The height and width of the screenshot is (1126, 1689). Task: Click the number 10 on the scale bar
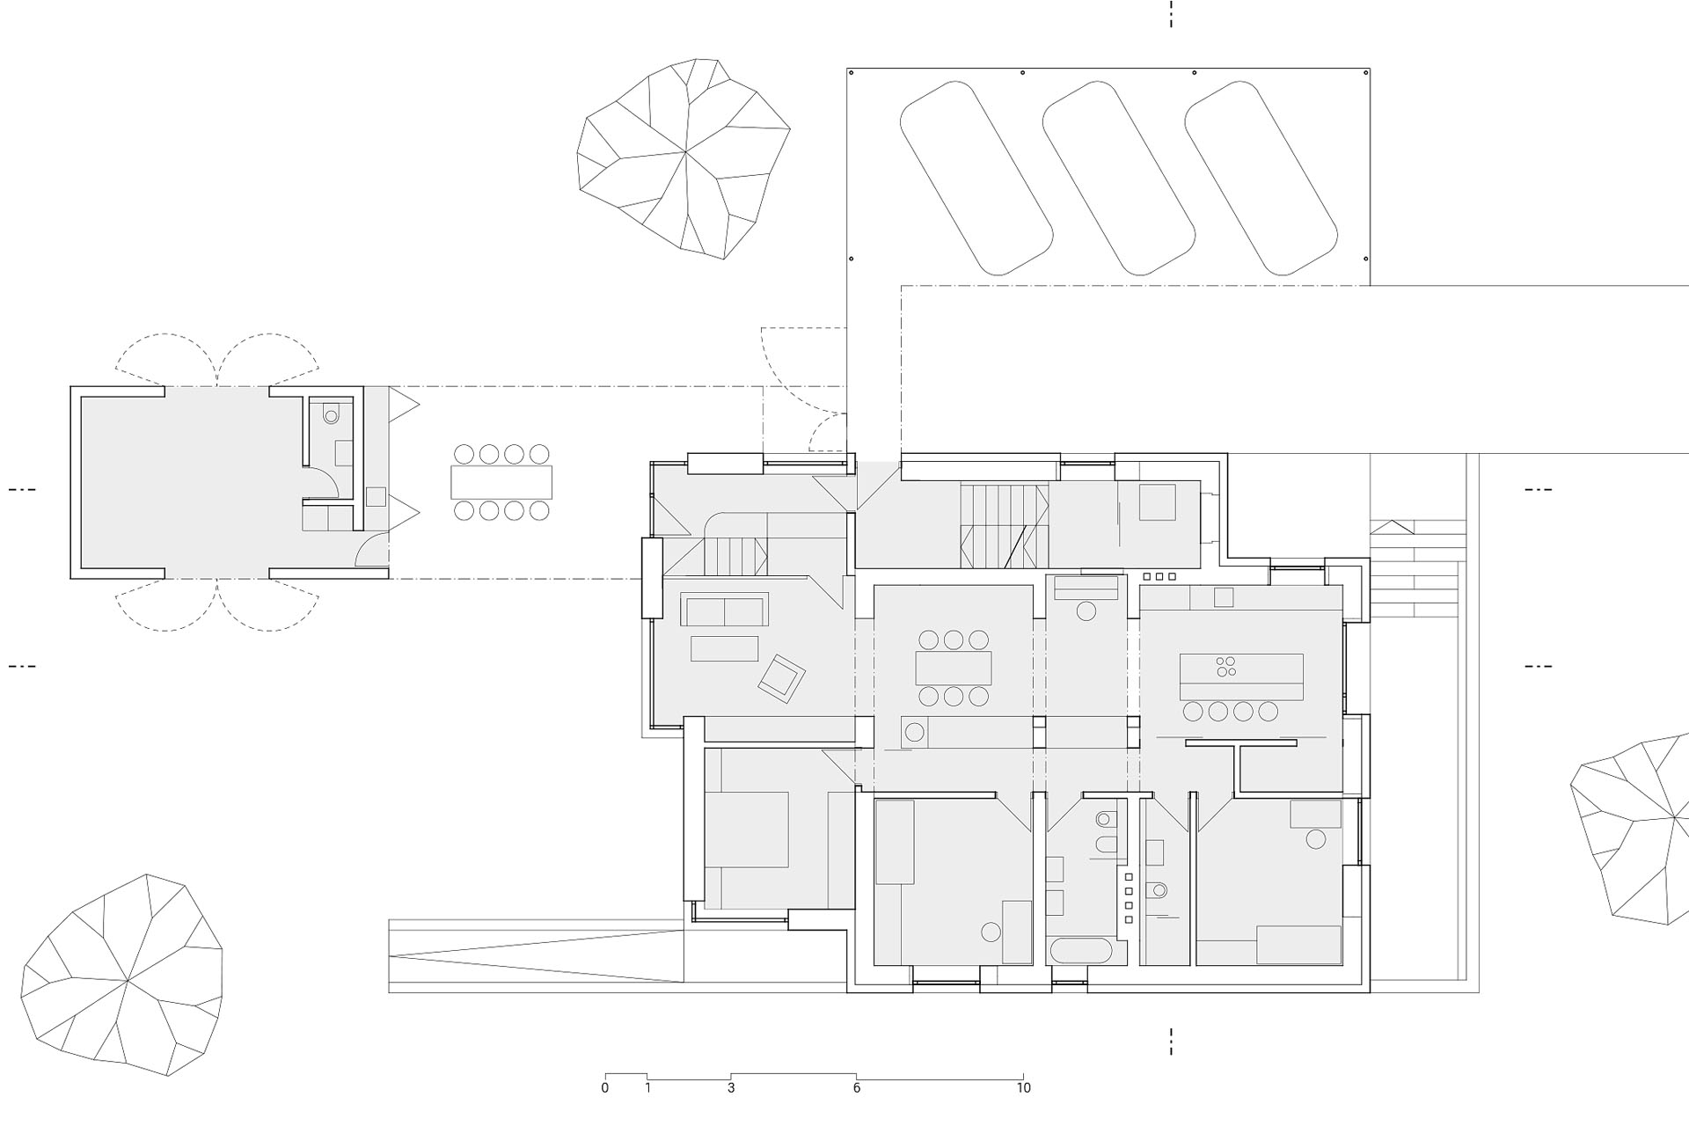pos(1023,1088)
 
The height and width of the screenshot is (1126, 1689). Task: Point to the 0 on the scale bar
pos(605,1088)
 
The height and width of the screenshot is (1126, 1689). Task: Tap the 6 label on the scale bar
pos(857,1088)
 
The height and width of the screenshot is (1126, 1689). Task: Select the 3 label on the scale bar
pos(731,1088)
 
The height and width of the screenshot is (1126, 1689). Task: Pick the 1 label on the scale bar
pos(647,1088)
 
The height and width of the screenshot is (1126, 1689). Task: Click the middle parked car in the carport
pos(1118,179)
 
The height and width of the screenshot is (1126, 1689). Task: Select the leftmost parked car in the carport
pos(976,179)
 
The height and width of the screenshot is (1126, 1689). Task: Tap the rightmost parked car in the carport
pos(1261,179)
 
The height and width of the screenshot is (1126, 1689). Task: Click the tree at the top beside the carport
pos(684,159)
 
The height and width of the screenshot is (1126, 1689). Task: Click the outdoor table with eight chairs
pos(501,482)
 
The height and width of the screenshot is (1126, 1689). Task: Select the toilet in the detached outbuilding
pos(331,413)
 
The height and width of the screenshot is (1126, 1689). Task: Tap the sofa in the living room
pos(725,609)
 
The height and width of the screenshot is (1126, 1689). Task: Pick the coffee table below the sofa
pos(725,648)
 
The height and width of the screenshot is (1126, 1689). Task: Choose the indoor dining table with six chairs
pos(954,668)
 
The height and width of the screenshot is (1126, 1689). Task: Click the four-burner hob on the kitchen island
pos(1225,667)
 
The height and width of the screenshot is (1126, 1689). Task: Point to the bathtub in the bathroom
pos(1082,951)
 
